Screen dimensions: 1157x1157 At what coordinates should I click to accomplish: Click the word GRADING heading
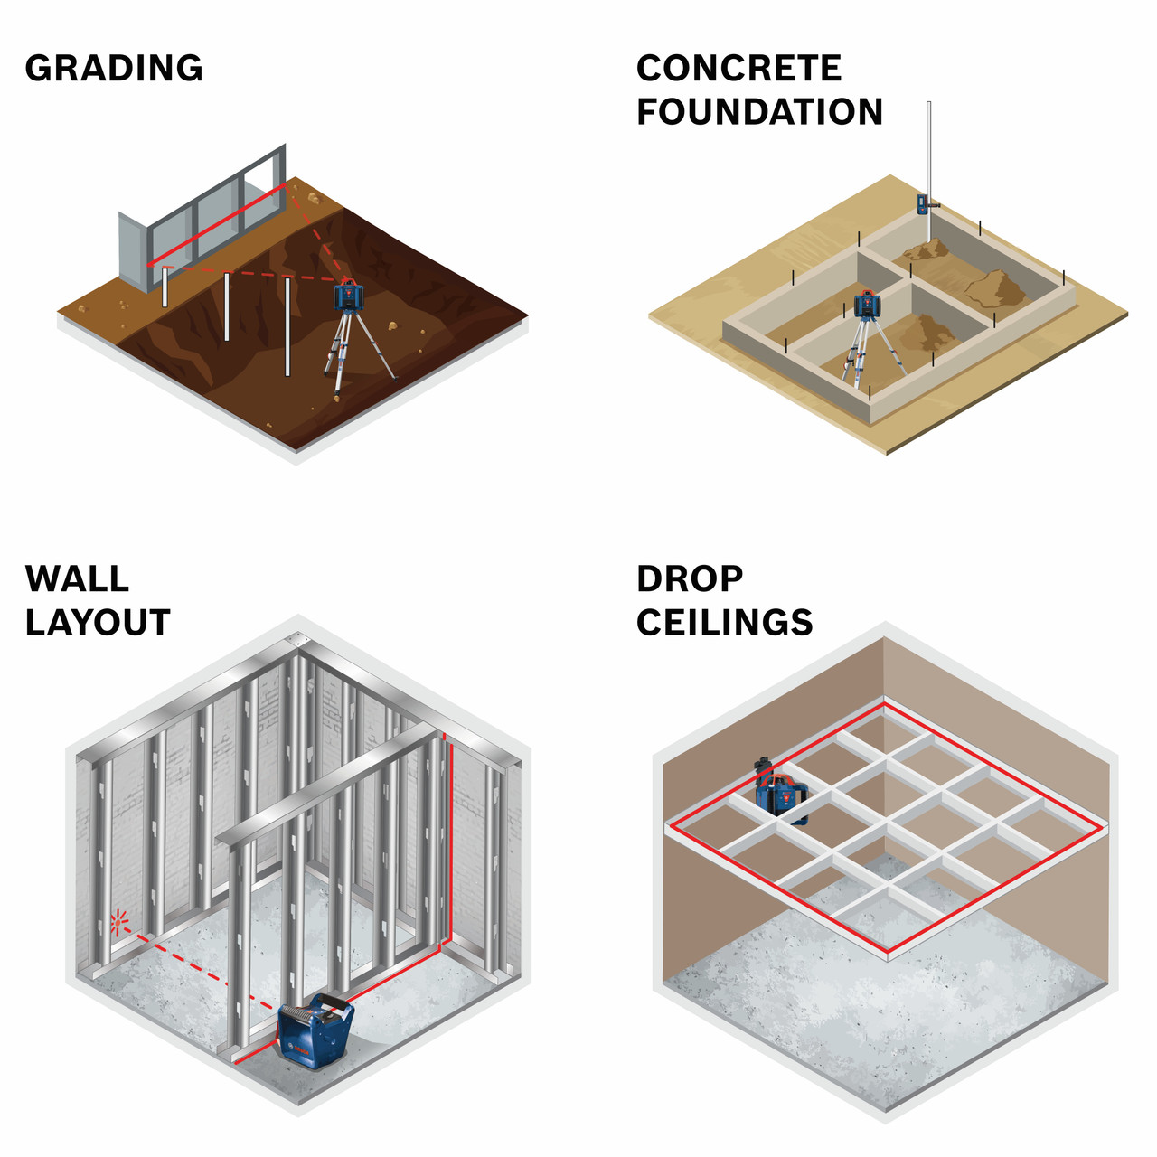pyautogui.click(x=114, y=68)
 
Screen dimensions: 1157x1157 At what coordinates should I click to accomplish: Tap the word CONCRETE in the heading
pyautogui.click(x=738, y=68)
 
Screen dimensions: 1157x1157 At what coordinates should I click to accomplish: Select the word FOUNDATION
pyautogui.click(x=759, y=112)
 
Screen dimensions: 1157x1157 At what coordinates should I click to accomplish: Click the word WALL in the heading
pyautogui.click(x=77, y=578)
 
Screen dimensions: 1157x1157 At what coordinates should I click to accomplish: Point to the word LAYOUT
pyautogui.click(x=98, y=622)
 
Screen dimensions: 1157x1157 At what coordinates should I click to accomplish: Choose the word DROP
pyautogui.click(x=690, y=578)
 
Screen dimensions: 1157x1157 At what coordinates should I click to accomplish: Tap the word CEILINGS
pyautogui.click(x=725, y=622)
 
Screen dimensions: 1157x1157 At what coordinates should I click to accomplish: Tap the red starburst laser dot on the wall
pyautogui.click(x=119, y=922)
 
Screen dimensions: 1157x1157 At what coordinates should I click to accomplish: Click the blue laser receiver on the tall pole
pyautogui.click(x=924, y=204)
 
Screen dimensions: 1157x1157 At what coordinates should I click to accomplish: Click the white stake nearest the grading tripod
pyautogui.click(x=287, y=327)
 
